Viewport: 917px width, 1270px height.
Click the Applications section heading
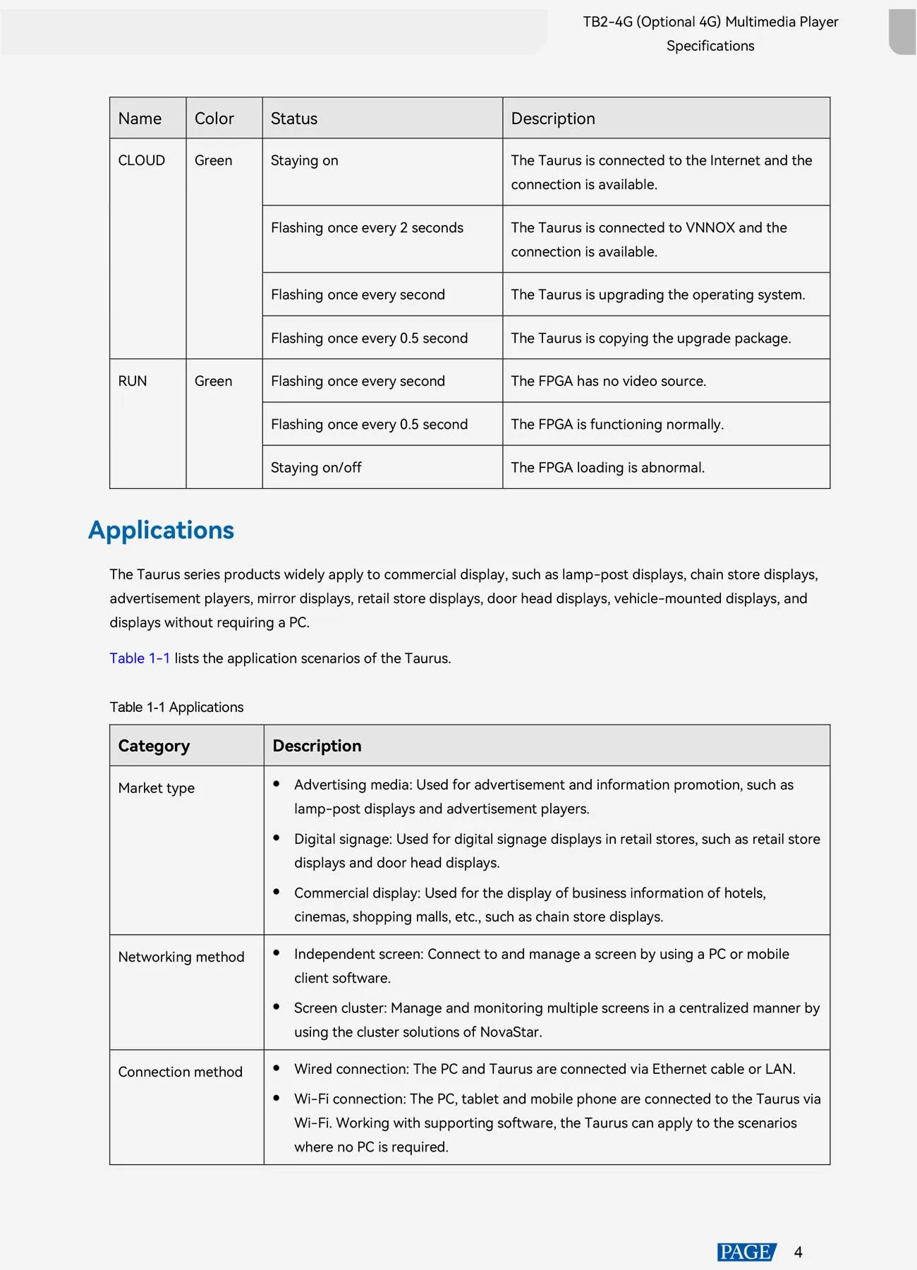point(161,531)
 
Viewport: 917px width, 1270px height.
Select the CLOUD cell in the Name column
point(141,161)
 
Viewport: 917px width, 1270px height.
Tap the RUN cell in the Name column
point(133,381)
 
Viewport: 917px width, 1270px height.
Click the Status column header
point(294,119)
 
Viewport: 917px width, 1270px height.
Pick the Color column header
point(214,119)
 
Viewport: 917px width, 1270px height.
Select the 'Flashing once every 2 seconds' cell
point(367,228)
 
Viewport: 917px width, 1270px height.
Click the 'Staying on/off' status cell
point(316,468)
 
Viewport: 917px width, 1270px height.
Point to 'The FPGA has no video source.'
point(608,381)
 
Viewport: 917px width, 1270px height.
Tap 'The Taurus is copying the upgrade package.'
point(650,338)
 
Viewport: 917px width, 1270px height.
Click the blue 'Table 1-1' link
point(140,658)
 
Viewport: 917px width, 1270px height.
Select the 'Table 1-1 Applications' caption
point(176,707)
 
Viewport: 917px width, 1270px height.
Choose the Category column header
point(154,746)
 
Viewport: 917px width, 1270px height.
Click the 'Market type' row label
point(156,788)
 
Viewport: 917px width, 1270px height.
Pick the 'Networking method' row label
point(181,957)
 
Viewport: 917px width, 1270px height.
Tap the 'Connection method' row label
point(180,1072)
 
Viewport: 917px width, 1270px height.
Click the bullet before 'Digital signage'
point(277,838)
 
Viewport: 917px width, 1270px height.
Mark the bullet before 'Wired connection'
point(277,1068)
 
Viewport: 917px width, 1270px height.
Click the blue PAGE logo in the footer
point(746,1252)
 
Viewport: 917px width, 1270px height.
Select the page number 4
point(798,1252)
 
